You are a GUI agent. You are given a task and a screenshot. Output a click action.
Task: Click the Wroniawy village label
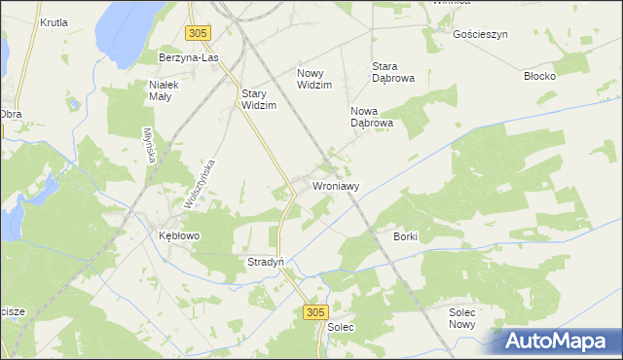click(x=337, y=185)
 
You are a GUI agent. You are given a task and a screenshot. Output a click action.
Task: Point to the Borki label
click(x=406, y=236)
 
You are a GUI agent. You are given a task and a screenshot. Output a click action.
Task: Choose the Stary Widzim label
click(x=259, y=99)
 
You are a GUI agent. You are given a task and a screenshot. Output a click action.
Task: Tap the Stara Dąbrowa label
click(x=394, y=73)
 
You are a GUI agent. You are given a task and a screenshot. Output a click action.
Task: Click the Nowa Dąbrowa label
click(x=371, y=117)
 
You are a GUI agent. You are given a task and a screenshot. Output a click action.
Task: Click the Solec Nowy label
click(x=463, y=318)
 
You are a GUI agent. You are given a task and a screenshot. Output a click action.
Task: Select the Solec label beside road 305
click(x=341, y=327)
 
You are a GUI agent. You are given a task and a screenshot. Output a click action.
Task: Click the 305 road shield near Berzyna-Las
click(x=198, y=33)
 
